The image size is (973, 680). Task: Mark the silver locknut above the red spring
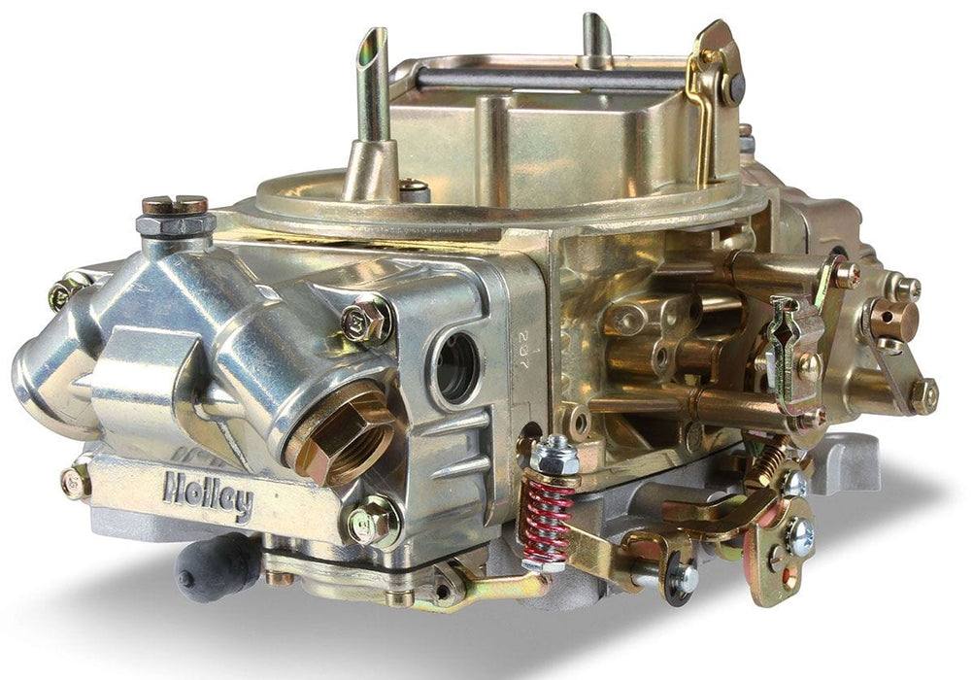[554, 452]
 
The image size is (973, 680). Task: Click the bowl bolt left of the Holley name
[76, 482]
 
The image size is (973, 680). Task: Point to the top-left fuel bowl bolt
[66, 290]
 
